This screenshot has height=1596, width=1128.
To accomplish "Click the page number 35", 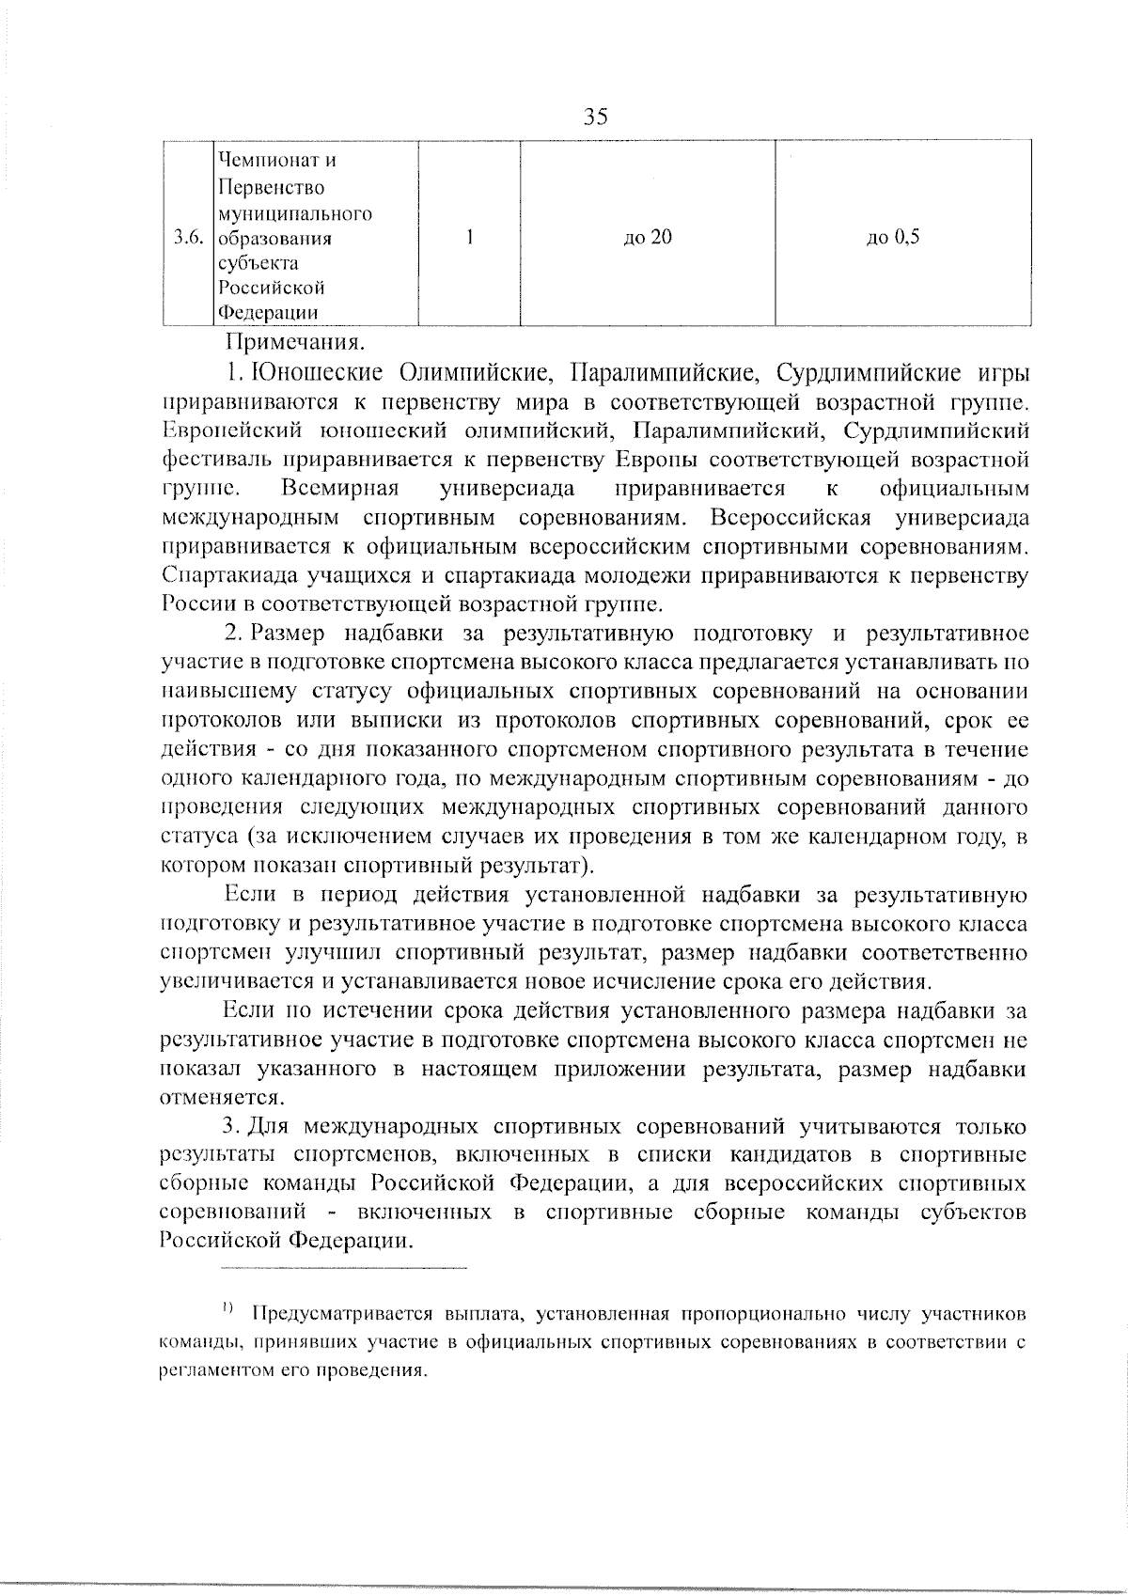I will pyautogui.click(x=596, y=117).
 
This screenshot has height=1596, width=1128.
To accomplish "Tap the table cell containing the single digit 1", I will pyautogui.click(x=468, y=238).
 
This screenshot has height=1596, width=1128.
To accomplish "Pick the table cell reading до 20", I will pyautogui.click(x=648, y=238).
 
